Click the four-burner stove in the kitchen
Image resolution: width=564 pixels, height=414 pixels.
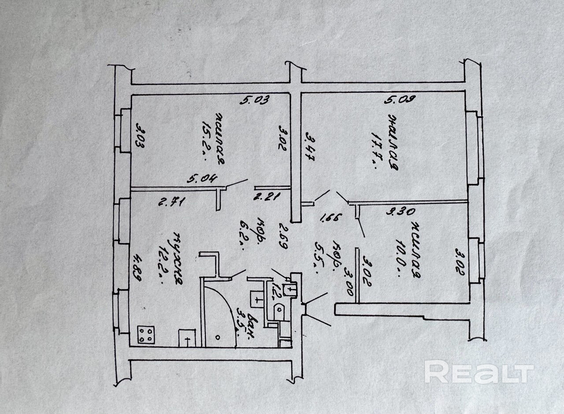[146, 334]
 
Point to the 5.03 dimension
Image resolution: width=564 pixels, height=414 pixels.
[254, 100]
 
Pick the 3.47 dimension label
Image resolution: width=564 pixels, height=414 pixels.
[310, 149]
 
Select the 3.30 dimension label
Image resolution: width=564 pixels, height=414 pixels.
[401, 211]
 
